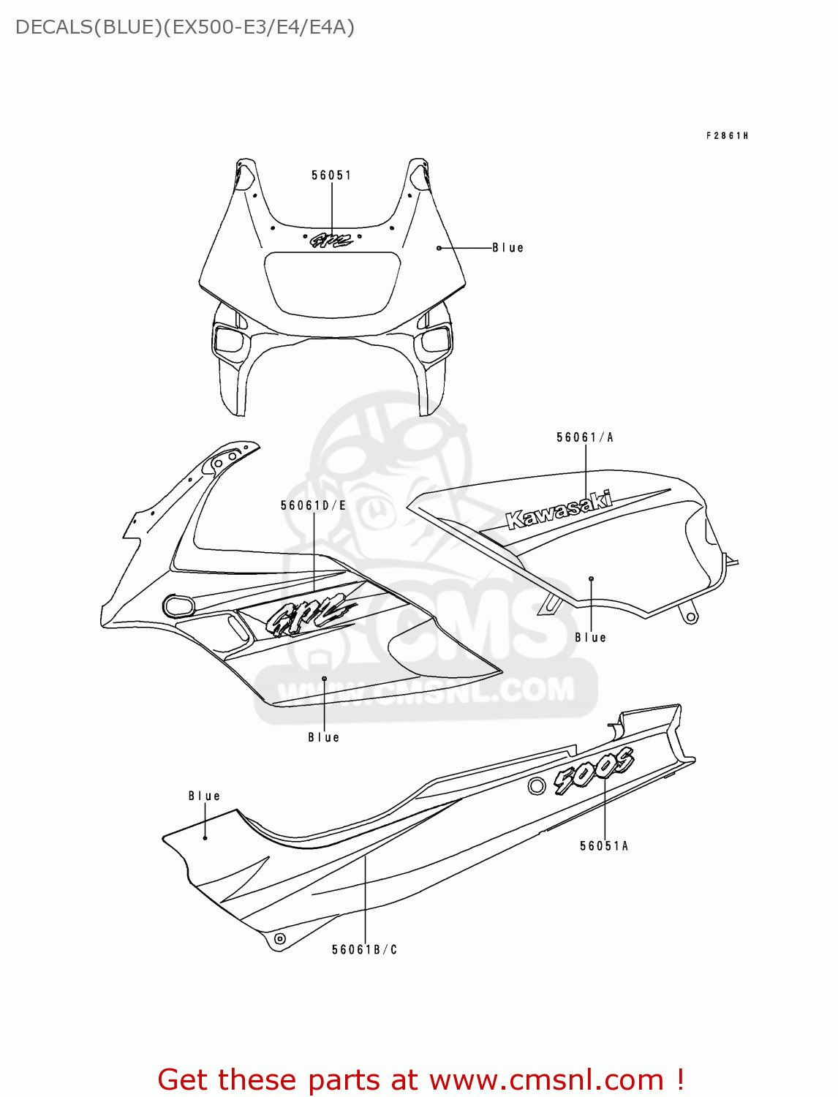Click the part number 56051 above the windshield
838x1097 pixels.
(x=331, y=176)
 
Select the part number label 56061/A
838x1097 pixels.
(x=585, y=437)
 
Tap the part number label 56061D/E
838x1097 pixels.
(x=313, y=505)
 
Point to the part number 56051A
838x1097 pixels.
(x=604, y=846)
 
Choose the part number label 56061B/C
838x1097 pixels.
(x=364, y=950)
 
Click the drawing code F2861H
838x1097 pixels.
(x=727, y=136)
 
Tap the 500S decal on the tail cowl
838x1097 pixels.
(x=593, y=771)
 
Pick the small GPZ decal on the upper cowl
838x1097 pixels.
(x=331, y=240)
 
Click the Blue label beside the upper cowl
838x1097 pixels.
(x=508, y=248)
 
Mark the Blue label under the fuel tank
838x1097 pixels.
(x=591, y=638)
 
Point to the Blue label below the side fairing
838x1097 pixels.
(x=324, y=738)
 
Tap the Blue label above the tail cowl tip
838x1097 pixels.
(x=204, y=796)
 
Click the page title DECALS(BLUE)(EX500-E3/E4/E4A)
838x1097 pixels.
(x=185, y=27)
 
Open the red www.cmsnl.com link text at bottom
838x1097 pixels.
(x=546, y=1079)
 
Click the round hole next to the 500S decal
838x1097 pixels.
(x=536, y=786)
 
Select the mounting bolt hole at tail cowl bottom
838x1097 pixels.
(x=279, y=938)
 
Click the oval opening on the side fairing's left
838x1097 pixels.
(x=179, y=606)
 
